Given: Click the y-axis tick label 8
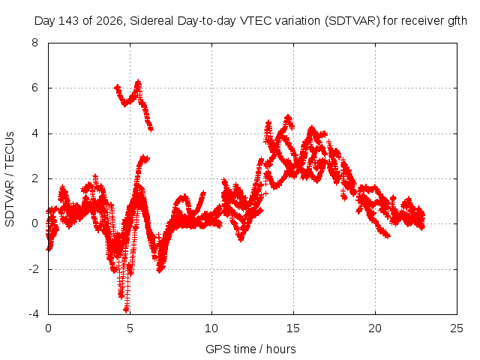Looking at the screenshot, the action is click(x=34, y=43).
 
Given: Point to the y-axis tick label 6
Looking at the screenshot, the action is click(x=34, y=88).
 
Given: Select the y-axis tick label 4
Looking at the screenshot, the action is click(x=34, y=133).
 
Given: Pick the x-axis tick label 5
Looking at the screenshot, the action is click(x=130, y=328).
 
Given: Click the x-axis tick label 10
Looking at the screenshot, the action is click(x=211, y=328).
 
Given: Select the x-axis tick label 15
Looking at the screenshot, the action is click(x=293, y=328).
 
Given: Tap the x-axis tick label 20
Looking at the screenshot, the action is click(x=375, y=328).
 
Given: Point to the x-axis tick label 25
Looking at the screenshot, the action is click(x=457, y=328).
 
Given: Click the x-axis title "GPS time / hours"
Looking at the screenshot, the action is click(x=250, y=349).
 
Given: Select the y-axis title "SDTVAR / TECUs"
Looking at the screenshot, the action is click(x=10, y=179).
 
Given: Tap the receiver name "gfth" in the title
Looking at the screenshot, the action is click(x=456, y=21).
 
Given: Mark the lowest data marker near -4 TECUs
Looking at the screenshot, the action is click(x=126, y=310).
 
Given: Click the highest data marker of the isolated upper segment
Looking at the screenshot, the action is click(x=139, y=82).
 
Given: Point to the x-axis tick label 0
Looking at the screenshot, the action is click(x=48, y=328).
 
